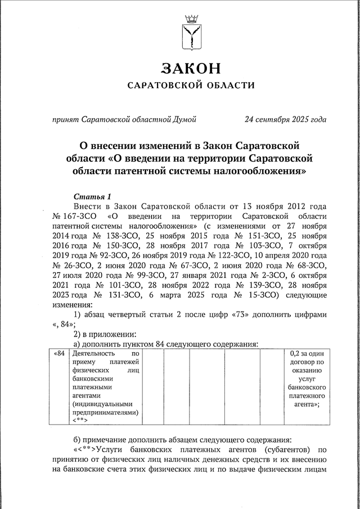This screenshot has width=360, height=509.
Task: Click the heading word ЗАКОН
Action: click(191, 69)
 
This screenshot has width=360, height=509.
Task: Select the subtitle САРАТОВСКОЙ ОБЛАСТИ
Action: click(191, 85)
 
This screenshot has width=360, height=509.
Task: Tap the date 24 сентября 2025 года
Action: click(286, 120)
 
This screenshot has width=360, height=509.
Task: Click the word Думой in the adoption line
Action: click(184, 120)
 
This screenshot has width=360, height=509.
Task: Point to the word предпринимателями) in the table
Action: click(106, 412)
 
